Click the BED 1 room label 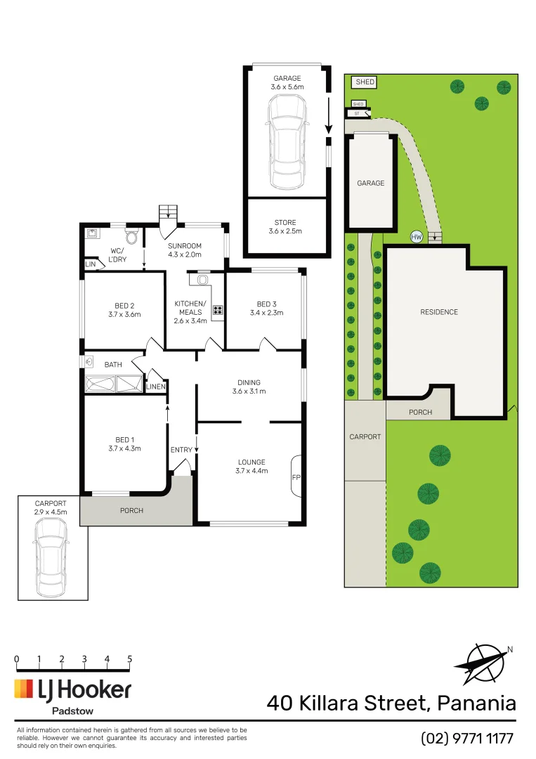(x=124, y=439)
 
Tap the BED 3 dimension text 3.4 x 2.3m (x=266, y=313)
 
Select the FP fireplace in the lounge (x=296, y=478)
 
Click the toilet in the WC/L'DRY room (x=131, y=235)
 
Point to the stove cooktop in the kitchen (x=218, y=309)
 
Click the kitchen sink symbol (x=203, y=280)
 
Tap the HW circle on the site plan (x=416, y=238)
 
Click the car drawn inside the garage (x=287, y=142)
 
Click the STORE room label (x=286, y=223)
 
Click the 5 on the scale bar (x=130, y=659)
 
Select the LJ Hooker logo (x=72, y=690)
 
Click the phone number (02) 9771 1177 (x=467, y=739)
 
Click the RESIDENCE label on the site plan (x=439, y=312)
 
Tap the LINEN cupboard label (x=156, y=387)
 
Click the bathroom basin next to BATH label (x=89, y=363)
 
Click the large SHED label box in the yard (x=365, y=82)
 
